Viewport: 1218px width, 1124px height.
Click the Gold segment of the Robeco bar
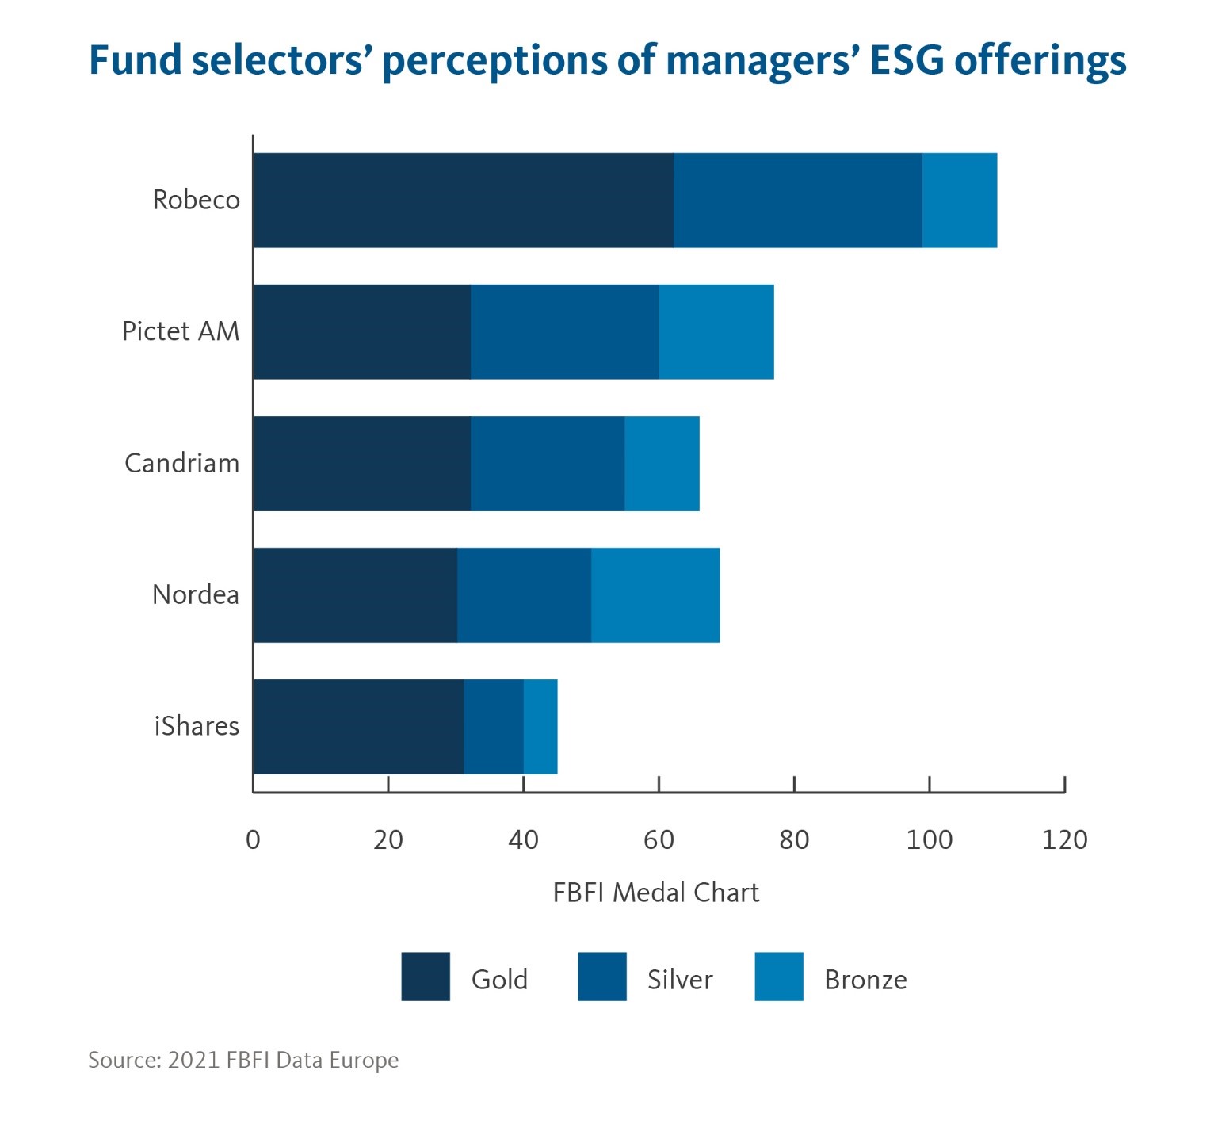(464, 201)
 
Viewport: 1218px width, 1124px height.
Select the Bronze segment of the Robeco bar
(960, 201)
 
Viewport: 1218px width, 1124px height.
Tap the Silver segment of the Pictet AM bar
(564, 332)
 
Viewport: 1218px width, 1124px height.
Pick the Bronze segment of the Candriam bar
(662, 464)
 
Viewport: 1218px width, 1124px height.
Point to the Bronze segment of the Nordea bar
(655, 595)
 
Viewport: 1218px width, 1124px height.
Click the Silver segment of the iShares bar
(494, 727)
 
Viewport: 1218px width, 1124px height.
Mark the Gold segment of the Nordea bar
(356, 595)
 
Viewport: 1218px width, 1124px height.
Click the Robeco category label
(196, 200)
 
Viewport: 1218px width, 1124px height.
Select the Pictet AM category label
(181, 331)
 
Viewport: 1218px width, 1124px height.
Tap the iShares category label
(197, 726)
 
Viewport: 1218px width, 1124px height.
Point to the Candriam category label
(181, 463)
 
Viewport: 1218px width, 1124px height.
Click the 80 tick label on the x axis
(794, 839)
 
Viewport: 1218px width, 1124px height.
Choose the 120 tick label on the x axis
(1064, 839)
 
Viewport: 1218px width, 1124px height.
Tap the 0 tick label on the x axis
(253, 839)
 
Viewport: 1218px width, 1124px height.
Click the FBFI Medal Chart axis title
(655, 893)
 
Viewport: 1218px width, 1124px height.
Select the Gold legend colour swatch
(426, 977)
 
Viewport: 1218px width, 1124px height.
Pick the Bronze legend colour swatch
(779, 977)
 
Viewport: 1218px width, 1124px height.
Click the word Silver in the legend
(680, 980)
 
